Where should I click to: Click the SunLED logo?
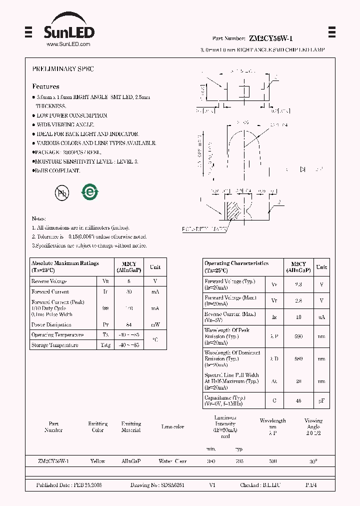tap(68, 29)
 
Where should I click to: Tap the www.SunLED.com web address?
tap(68, 44)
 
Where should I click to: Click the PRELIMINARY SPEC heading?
tap(62, 69)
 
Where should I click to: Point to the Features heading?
tap(45, 86)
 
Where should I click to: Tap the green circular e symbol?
tap(90, 192)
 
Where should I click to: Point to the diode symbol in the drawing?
tap(302, 169)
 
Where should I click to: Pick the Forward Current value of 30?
tap(129, 292)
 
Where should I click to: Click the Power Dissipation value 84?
tap(129, 325)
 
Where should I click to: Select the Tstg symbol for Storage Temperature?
tap(105, 345)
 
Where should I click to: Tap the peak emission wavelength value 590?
tap(298, 336)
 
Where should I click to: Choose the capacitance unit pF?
tap(321, 401)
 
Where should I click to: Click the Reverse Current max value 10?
tap(298, 317)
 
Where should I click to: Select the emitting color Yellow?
tap(97, 461)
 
